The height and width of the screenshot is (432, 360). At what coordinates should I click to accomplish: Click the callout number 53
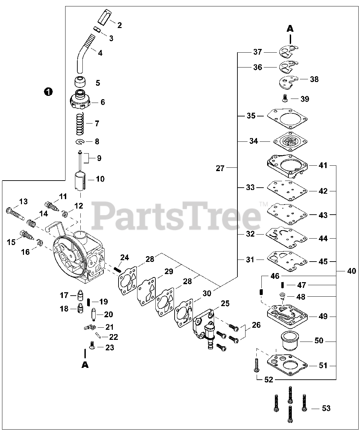point(326,408)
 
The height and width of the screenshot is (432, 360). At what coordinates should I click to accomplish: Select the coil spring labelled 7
point(80,124)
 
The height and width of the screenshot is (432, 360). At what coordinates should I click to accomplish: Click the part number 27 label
point(220,168)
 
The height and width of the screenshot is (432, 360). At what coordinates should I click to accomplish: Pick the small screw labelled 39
point(284,98)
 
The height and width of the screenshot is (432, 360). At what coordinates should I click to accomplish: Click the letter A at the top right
point(290,29)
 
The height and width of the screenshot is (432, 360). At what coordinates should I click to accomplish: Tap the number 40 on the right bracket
point(352,271)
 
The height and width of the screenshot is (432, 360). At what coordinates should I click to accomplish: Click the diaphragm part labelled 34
point(287,141)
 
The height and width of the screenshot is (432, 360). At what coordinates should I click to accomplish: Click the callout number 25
point(225,303)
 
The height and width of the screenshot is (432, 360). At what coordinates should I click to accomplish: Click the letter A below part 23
point(85,365)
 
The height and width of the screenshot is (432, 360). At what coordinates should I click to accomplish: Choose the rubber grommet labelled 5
point(80,82)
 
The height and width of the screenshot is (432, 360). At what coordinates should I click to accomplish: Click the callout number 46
point(275,276)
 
